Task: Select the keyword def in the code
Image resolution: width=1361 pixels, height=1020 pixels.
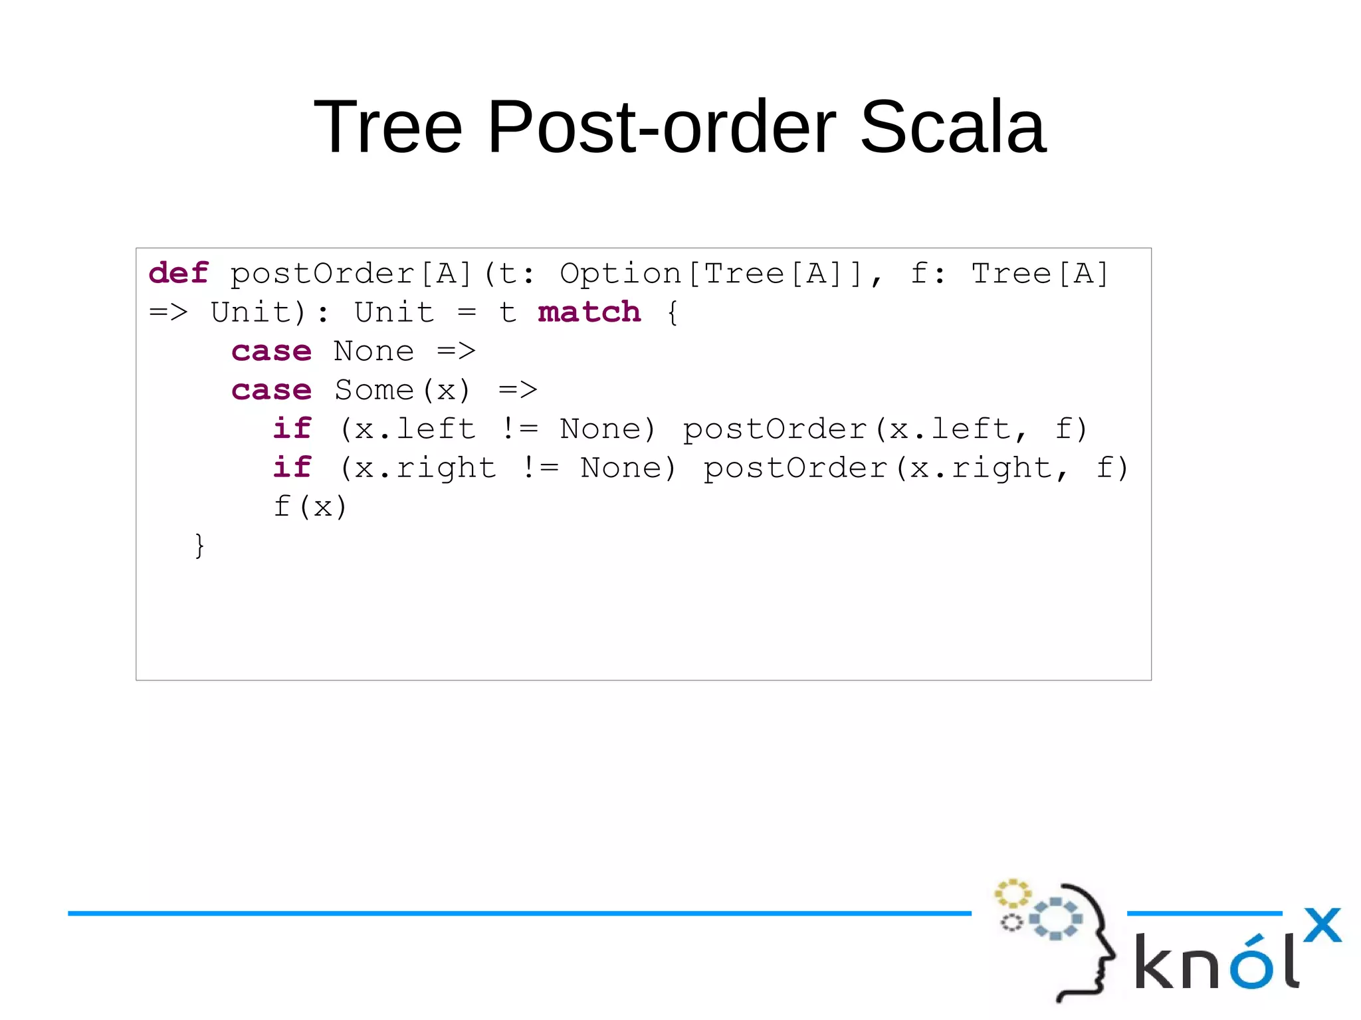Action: pyautogui.click(x=178, y=273)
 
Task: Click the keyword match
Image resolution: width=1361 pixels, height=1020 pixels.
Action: pyautogui.click(x=589, y=312)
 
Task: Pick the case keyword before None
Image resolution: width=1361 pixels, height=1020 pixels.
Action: pyautogui.click(x=271, y=351)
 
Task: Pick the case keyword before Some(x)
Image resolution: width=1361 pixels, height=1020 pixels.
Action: pyautogui.click(x=271, y=390)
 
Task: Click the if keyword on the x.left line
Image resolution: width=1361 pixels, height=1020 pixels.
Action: pyautogui.click(x=292, y=429)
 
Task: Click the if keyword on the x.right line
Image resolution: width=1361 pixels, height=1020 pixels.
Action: pyautogui.click(x=292, y=467)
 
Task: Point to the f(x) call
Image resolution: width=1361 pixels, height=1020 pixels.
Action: pyautogui.click(x=310, y=506)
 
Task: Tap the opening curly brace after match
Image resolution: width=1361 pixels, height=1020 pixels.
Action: pyautogui.click(x=673, y=312)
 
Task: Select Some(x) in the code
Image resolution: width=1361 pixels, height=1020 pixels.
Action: pyautogui.click(x=402, y=390)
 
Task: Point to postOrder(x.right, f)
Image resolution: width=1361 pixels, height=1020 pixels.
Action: pyautogui.click(x=916, y=468)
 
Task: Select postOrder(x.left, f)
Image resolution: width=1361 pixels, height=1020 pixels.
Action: pyautogui.click(x=885, y=429)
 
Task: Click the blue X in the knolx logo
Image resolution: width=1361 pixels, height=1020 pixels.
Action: pyautogui.click(x=1322, y=925)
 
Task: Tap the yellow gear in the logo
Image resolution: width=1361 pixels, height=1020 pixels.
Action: pyautogui.click(x=1012, y=894)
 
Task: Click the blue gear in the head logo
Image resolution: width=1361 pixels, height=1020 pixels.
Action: pyautogui.click(x=1055, y=919)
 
